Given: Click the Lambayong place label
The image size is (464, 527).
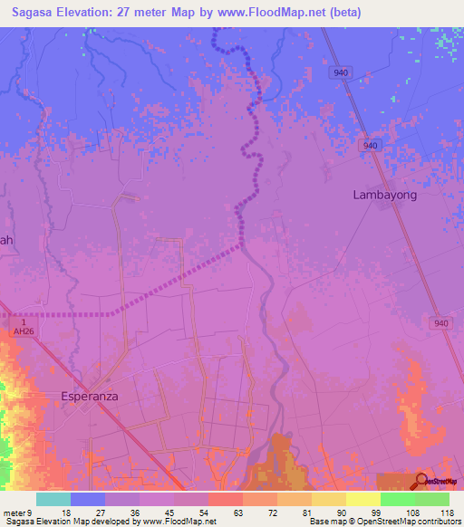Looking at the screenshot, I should (384, 195).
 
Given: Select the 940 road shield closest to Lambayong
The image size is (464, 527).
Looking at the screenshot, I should (368, 146).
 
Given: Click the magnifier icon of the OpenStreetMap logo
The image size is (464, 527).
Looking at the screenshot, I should (421, 481).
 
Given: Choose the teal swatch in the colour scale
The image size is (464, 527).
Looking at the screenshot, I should (53, 499).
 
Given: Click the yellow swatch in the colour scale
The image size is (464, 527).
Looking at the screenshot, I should (362, 499).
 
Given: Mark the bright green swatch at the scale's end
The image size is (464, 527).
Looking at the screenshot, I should (431, 499).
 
